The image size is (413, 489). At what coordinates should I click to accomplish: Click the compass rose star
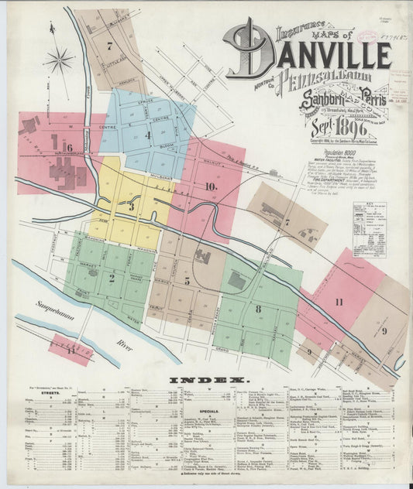(x=59, y=60)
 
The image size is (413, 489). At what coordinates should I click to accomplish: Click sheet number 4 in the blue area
(x=147, y=135)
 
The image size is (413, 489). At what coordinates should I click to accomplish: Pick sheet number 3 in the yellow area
(x=132, y=207)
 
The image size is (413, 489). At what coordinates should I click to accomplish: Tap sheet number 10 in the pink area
(x=210, y=186)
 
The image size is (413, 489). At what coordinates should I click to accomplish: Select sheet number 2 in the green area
(x=112, y=277)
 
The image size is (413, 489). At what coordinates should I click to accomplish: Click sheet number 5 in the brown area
(x=187, y=281)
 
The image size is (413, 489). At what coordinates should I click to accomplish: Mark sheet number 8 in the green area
(x=258, y=309)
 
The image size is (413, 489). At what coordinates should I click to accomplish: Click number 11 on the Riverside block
(x=71, y=351)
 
